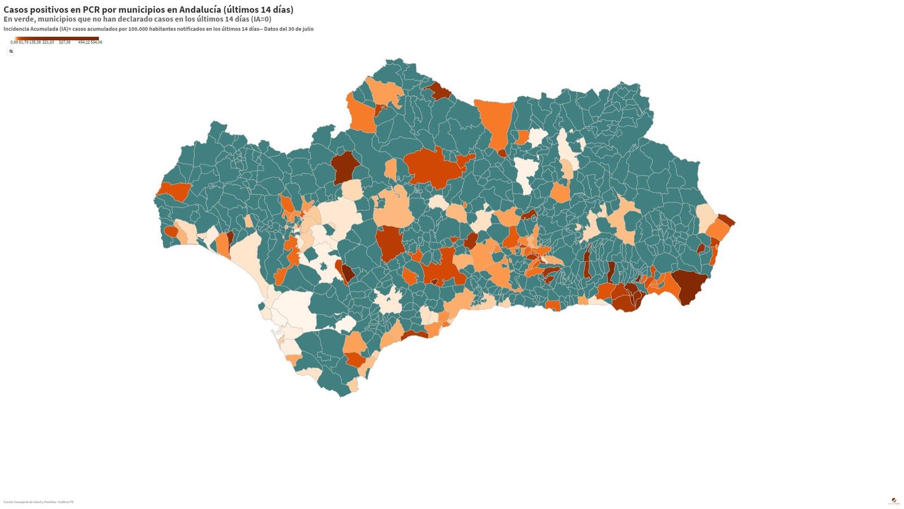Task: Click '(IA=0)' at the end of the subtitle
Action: [261, 19]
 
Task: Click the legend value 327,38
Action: [64, 42]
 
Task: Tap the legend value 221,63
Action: [48, 42]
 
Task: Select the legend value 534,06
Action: [97, 42]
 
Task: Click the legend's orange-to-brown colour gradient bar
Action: [56, 38]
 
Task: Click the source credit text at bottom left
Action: [38, 502]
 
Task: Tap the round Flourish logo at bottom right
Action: [894, 501]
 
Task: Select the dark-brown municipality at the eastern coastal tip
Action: [726, 220]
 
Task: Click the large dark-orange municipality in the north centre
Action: [433, 166]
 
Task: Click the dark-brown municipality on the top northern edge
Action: [439, 90]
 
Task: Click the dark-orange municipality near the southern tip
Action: [355, 360]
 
